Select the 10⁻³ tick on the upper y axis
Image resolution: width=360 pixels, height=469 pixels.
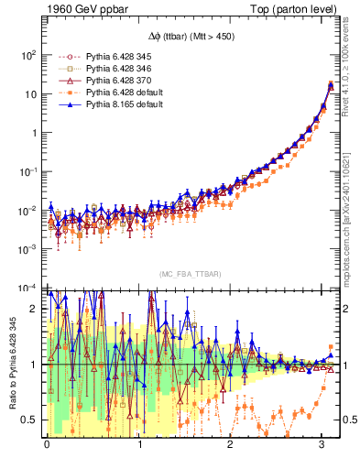click(x=29, y=249)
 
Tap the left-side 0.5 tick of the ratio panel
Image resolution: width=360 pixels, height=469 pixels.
click(x=33, y=420)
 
